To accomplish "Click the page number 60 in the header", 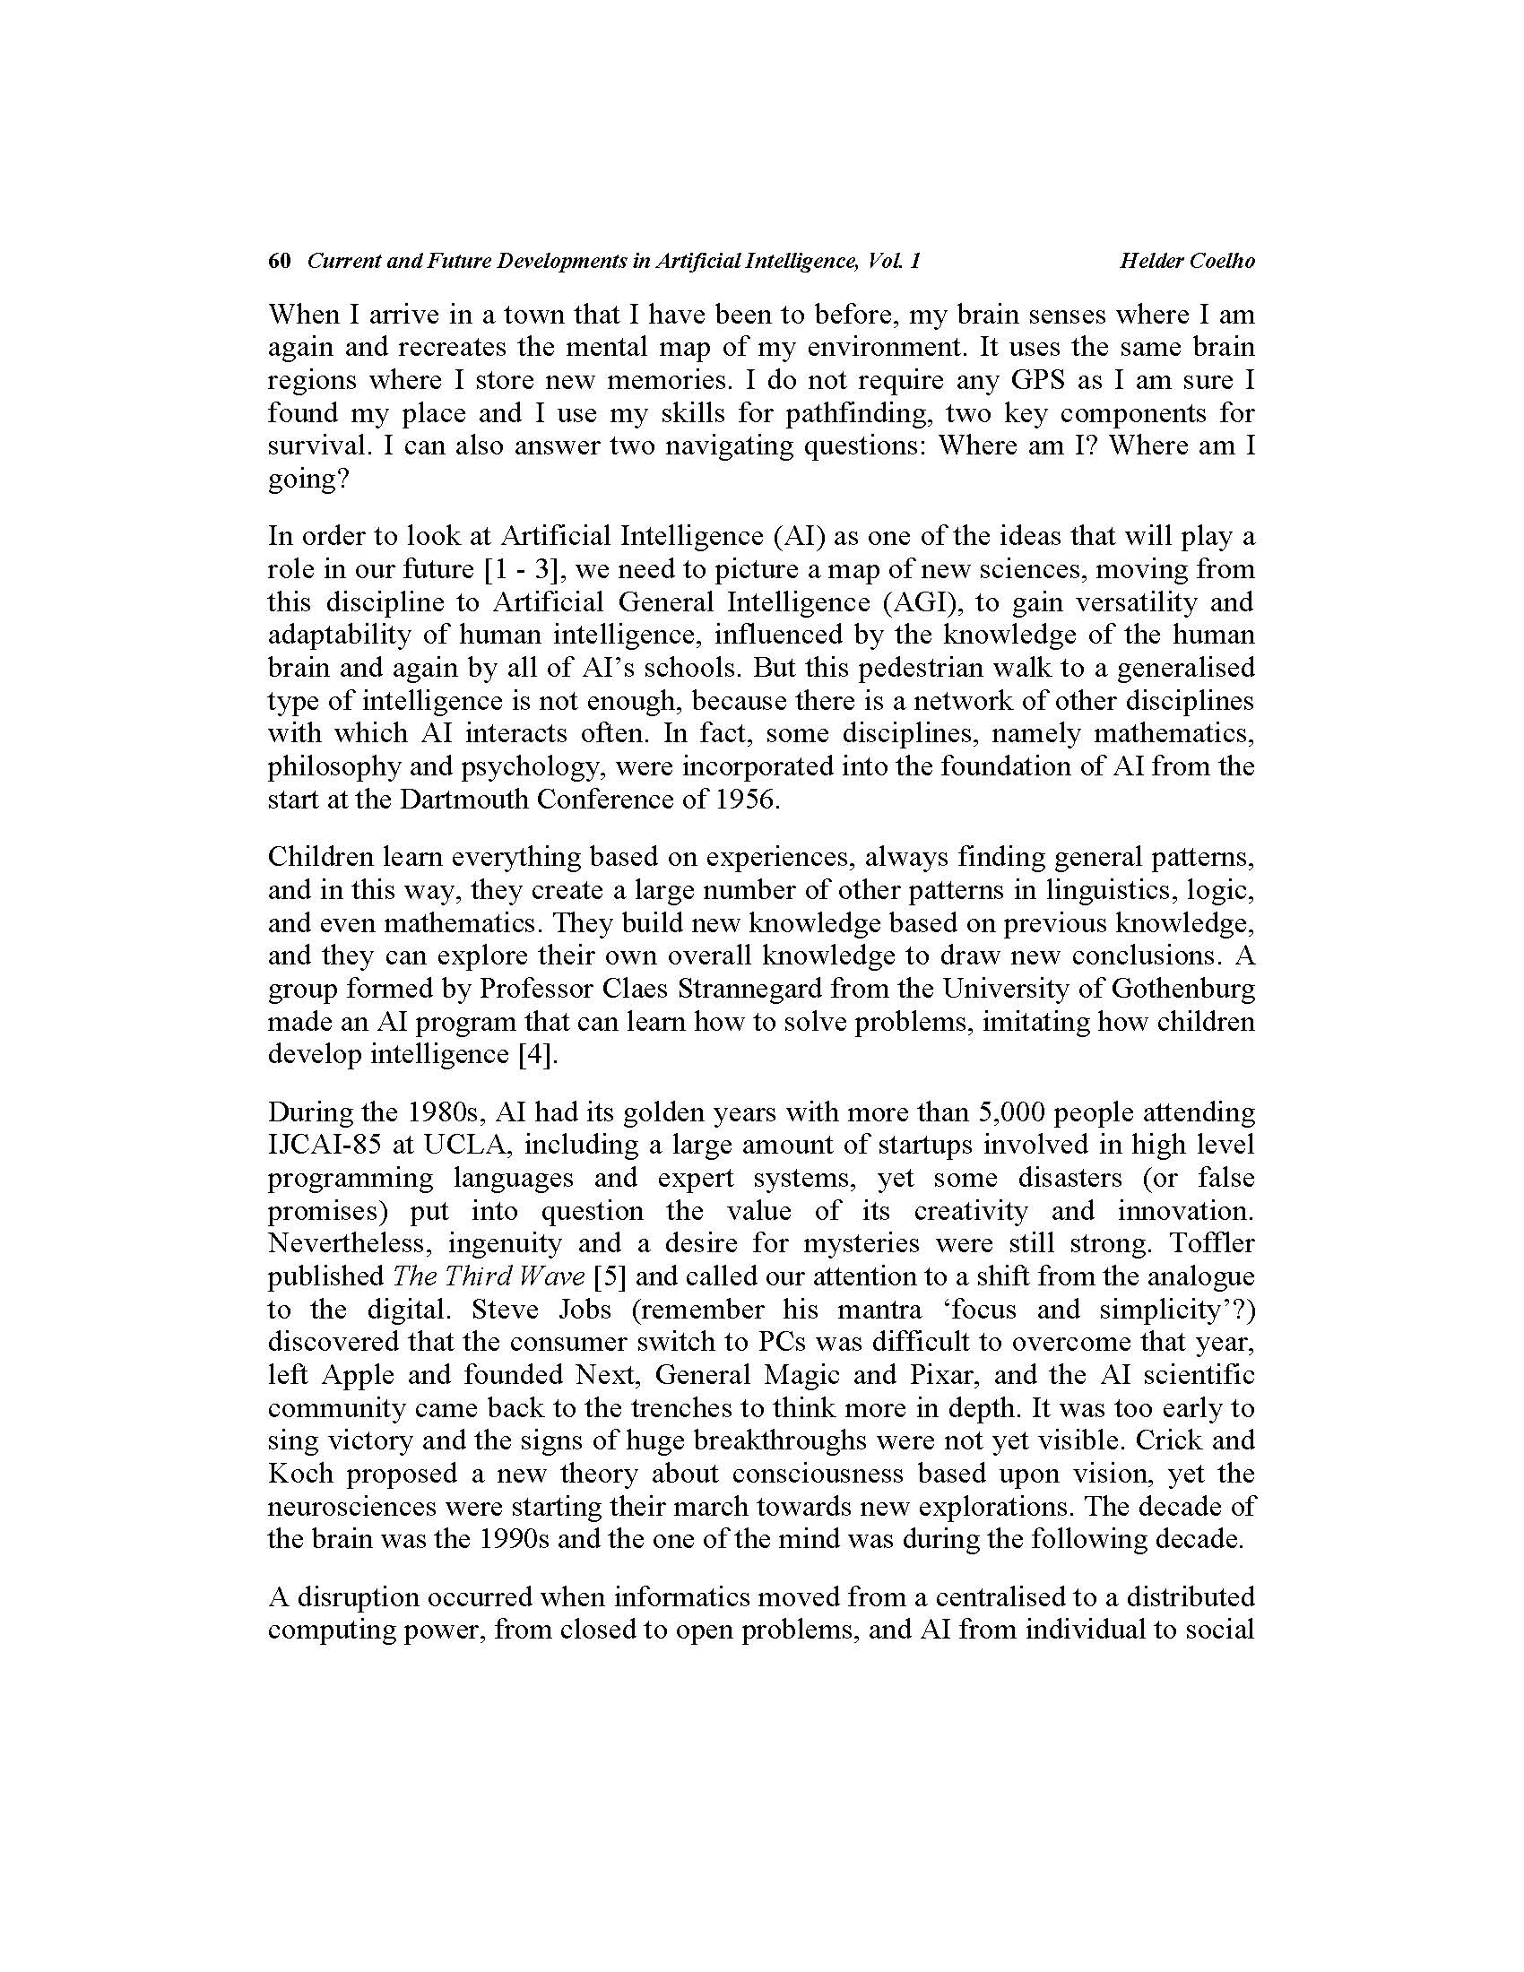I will pyautogui.click(x=280, y=261).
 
